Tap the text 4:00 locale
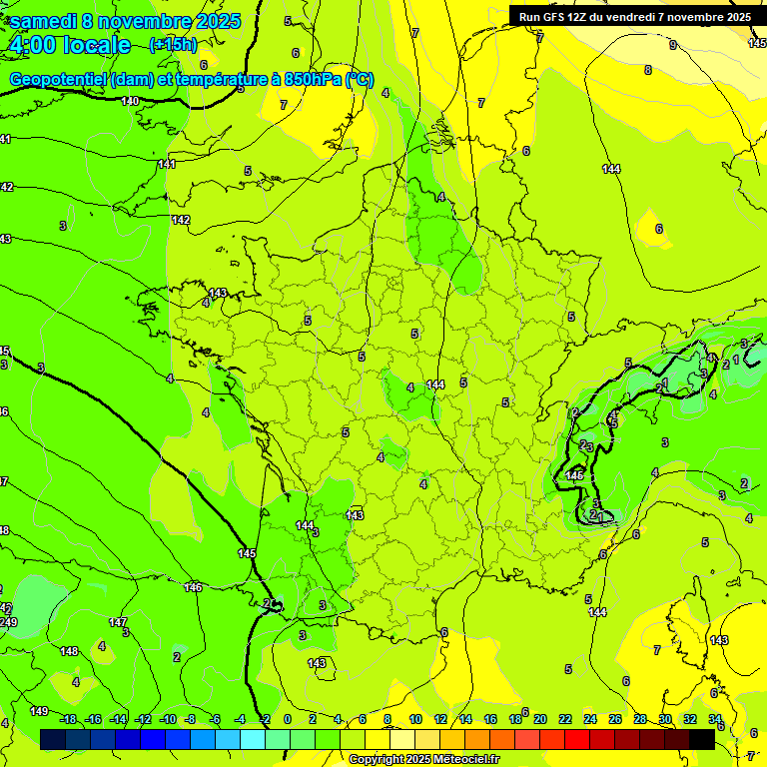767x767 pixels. pyautogui.click(x=70, y=45)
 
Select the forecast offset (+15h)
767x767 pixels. pyautogui.click(x=173, y=44)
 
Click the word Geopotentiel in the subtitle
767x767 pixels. pyautogui.click(x=59, y=80)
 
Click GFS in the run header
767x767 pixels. pyautogui.click(x=558, y=16)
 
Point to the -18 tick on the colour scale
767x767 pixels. pyautogui.click(x=68, y=719)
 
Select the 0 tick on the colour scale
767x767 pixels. pyautogui.click(x=288, y=719)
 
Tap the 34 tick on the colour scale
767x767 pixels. pyautogui.click(x=715, y=719)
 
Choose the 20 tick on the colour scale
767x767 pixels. pyautogui.click(x=539, y=719)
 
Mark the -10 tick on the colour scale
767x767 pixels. pyautogui.click(x=168, y=719)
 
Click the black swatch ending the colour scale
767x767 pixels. pyautogui.click(x=701, y=739)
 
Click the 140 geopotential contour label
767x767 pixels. pyautogui.click(x=130, y=101)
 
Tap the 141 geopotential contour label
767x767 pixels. pyautogui.click(x=167, y=164)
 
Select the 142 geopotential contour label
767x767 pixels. pyautogui.click(x=181, y=220)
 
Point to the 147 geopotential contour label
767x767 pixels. pyautogui.click(x=118, y=622)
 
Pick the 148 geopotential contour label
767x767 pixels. pyautogui.click(x=69, y=651)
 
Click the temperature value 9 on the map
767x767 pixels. pyautogui.click(x=672, y=45)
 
